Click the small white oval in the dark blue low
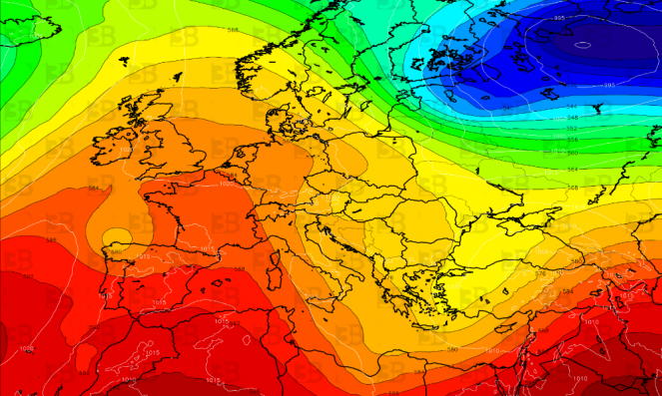tap(582, 45)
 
